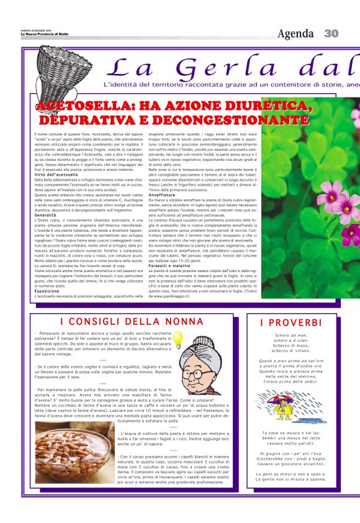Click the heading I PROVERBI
pyautogui.click(x=291, y=323)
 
